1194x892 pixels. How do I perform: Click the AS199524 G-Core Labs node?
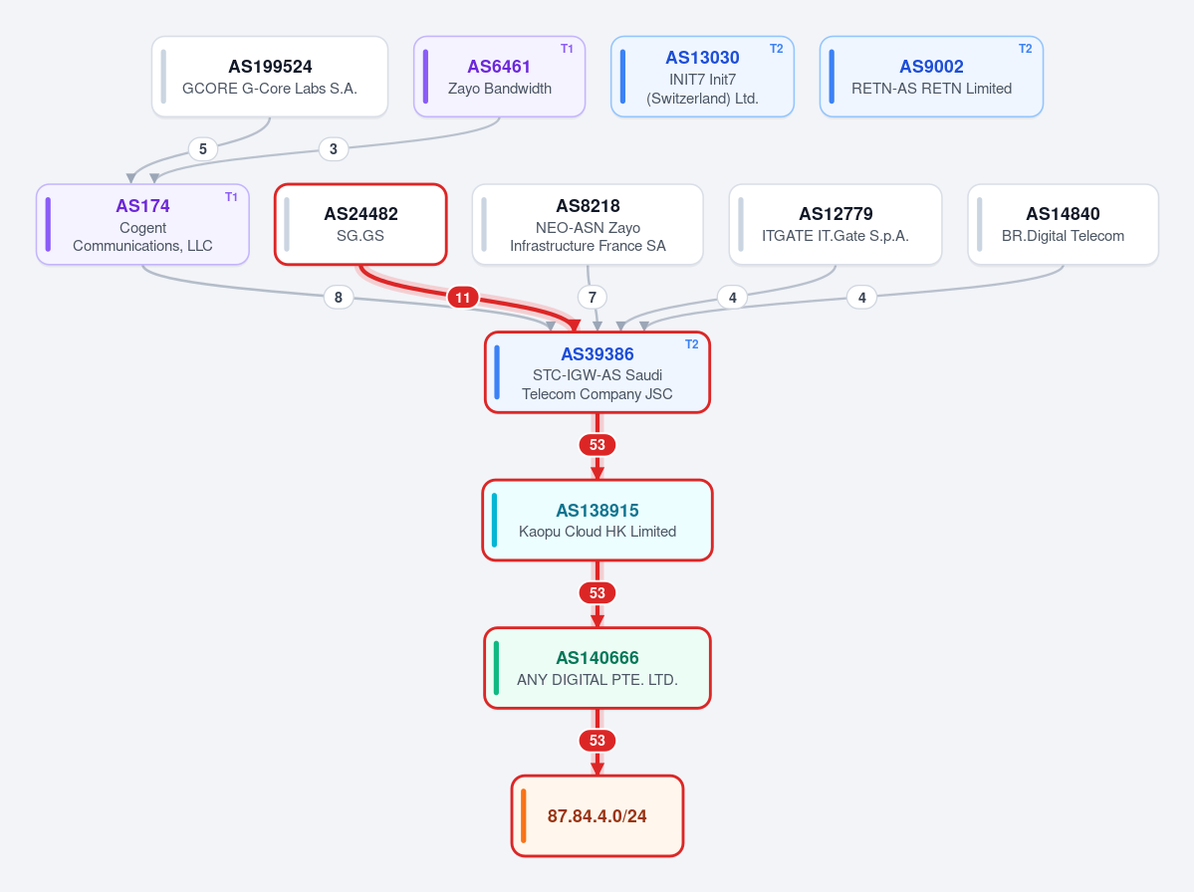coord(270,77)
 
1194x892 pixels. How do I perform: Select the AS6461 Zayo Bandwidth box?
coord(500,77)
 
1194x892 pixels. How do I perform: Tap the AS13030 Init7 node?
coord(702,77)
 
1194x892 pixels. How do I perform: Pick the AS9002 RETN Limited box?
coord(931,77)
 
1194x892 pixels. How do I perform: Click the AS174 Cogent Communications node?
coord(142,225)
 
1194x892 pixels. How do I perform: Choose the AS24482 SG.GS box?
coord(360,225)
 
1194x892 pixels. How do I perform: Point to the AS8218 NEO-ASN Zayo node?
coord(588,225)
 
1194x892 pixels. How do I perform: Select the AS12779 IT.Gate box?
coord(836,225)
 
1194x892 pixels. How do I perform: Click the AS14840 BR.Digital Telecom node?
coord(1063,225)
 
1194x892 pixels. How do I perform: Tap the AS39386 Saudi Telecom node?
coord(597,373)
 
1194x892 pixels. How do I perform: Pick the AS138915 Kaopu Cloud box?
coord(597,521)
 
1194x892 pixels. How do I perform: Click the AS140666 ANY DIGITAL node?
coord(597,668)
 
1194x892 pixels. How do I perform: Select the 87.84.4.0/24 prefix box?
coord(597,816)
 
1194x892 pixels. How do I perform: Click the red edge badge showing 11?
coord(463,298)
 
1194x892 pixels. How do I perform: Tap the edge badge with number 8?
coord(339,298)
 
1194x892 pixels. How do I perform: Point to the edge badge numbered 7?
coord(593,298)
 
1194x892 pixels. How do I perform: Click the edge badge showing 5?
coord(202,149)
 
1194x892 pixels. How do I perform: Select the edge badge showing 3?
coord(334,149)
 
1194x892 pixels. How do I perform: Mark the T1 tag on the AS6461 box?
coord(567,49)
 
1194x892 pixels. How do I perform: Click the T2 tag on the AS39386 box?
coord(691,344)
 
